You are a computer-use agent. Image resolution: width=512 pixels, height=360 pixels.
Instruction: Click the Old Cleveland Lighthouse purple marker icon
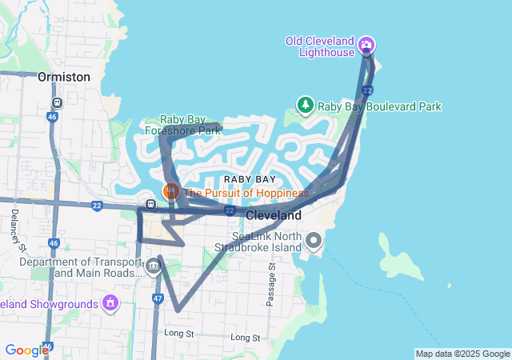click(366, 44)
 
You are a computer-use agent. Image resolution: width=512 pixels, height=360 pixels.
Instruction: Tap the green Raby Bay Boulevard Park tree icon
click(305, 105)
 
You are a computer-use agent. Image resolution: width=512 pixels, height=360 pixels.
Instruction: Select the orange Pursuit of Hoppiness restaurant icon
click(171, 192)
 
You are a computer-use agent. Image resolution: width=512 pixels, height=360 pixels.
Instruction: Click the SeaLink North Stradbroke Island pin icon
click(314, 240)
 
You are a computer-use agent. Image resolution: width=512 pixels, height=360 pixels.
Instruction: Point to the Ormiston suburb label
click(63, 77)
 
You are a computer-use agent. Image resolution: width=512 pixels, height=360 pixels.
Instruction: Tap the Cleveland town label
click(274, 216)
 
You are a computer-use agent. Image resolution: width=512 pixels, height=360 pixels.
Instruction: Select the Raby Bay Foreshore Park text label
click(182, 125)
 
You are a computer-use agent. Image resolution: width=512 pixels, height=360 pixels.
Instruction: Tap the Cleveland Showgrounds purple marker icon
click(110, 303)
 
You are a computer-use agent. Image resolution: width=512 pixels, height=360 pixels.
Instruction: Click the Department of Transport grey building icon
click(152, 265)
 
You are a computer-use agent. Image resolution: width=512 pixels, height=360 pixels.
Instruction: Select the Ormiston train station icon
click(57, 103)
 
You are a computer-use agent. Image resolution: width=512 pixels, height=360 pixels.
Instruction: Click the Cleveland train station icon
click(151, 202)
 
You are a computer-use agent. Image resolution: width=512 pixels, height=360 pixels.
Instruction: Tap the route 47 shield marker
click(158, 298)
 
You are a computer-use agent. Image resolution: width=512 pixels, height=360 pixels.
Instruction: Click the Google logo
click(26, 350)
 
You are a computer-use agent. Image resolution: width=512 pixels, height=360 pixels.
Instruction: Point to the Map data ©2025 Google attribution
click(462, 354)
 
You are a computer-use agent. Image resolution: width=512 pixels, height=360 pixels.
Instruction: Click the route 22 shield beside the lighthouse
click(366, 90)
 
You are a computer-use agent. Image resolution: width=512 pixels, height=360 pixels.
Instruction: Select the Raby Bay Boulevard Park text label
click(379, 106)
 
